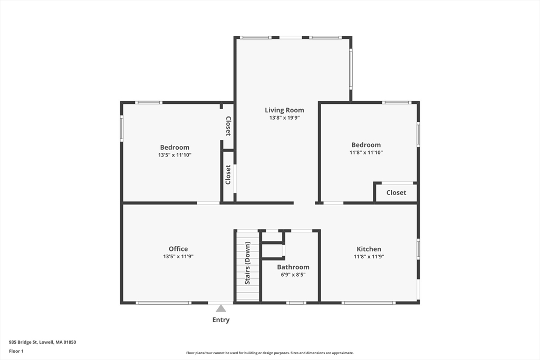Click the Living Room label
pos(284,110)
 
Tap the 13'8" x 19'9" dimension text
pos(284,118)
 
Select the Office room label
pos(178,249)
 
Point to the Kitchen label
pos(369,249)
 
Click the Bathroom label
pos(293,267)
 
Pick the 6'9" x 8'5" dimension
pos(293,275)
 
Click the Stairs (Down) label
pos(247,263)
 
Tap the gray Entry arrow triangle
pos(221,308)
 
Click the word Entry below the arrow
pos(221,320)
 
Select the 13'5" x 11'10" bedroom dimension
pos(175,155)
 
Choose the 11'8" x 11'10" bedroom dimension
pos(366,152)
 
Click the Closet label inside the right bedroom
pos(396,193)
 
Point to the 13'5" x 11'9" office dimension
pos(178,256)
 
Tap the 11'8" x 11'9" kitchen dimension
pos(369,256)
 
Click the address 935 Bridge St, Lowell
pos(42,342)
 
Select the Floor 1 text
pos(16,352)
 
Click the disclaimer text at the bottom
pos(270,353)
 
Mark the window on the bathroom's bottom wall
pos(296,303)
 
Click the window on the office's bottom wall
pos(163,303)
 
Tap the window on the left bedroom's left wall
pos(122,129)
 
